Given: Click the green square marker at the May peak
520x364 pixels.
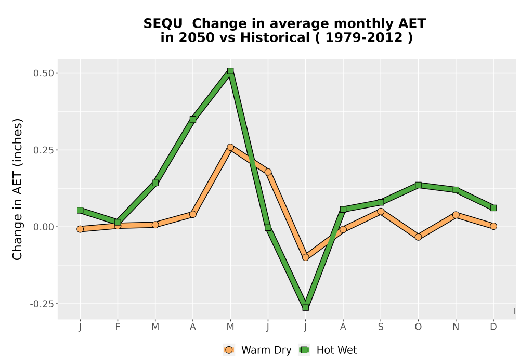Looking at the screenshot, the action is pyautogui.click(x=230, y=71).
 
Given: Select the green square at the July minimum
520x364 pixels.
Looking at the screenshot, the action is pyautogui.click(x=305, y=308).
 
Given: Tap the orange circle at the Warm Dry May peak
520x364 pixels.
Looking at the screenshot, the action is pyautogui.click(x=230, y=147).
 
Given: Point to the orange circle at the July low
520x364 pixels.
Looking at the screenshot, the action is pyautogui.click(x=305, y=257).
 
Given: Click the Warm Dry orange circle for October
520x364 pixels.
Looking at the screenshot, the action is pyautogui.click(x=418, y=237).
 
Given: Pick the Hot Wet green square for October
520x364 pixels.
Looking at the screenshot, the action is pyautogui.click(x=418, y=185).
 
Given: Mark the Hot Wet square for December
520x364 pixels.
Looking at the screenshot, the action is pyautogui.click(x=493, y=208).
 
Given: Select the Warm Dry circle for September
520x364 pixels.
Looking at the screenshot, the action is pyautogui.click(x=381, y=212).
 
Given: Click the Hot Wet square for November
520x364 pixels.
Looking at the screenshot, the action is pyautogui.click(x=456, y=190).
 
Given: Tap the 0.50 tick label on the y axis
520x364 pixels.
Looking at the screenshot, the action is pyautogui.click(x=44, y=73).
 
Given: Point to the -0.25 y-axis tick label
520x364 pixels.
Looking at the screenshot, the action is pyautogui.click(x=42, y=304).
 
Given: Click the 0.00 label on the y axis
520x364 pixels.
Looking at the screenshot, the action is pyautogui.click(x=44, y=227).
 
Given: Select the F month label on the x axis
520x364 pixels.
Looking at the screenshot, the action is pyautogui.click(x=118, y=327).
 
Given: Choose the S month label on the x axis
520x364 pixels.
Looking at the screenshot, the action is pyautogui.click(x=381, y=327).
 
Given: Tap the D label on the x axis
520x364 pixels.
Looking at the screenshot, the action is pyautogui.click(x=493, y=327).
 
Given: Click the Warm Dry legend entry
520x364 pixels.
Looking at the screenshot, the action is pyautogui.click(x=257, y=350).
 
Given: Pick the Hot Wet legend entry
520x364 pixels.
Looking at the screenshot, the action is pyautogui.click(x=328, y=350).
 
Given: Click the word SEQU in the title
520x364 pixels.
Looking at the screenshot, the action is pyautogui.click(x=163, y=24).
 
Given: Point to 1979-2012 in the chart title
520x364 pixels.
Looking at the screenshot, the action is pyautogui.click(x=364, y=37).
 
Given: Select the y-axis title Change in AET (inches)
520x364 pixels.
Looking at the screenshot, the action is pyautogui.click(x=17, y=189).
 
